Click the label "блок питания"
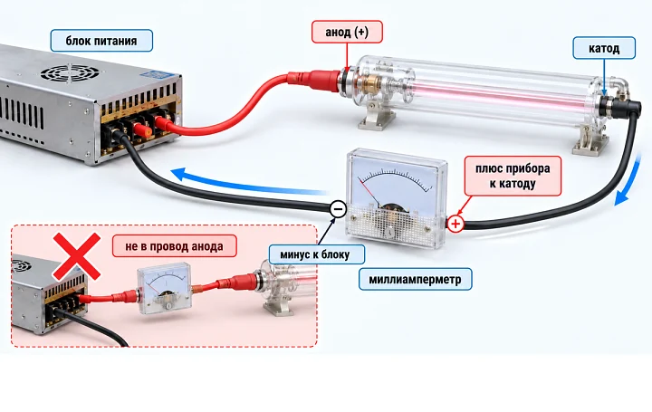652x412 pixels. pyautogui.click(x=101, y=41)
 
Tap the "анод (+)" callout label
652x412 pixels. pyautogui.click(x=347, y=32)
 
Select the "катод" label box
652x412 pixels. pyautogui.click(x=604, y=48)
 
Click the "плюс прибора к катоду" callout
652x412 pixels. pyautogui.click(x=513, y=176)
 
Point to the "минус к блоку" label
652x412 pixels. pyautogui.click(x=316, y=254)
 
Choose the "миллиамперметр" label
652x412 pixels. pyautogui.click(x=415, y=279)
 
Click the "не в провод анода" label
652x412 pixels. pyautogui.click(x=174, y=246)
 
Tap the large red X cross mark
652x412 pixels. pyautogui.click(x=76, y=256)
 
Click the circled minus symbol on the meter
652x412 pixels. pyautogui.click(x=338, y=208)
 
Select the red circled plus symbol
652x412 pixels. pyautogui.click(x=455, y=224)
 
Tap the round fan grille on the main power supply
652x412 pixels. pyautogui.click(x=70, y=73)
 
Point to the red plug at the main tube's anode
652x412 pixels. pyautogui.click(x=316, y=79)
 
